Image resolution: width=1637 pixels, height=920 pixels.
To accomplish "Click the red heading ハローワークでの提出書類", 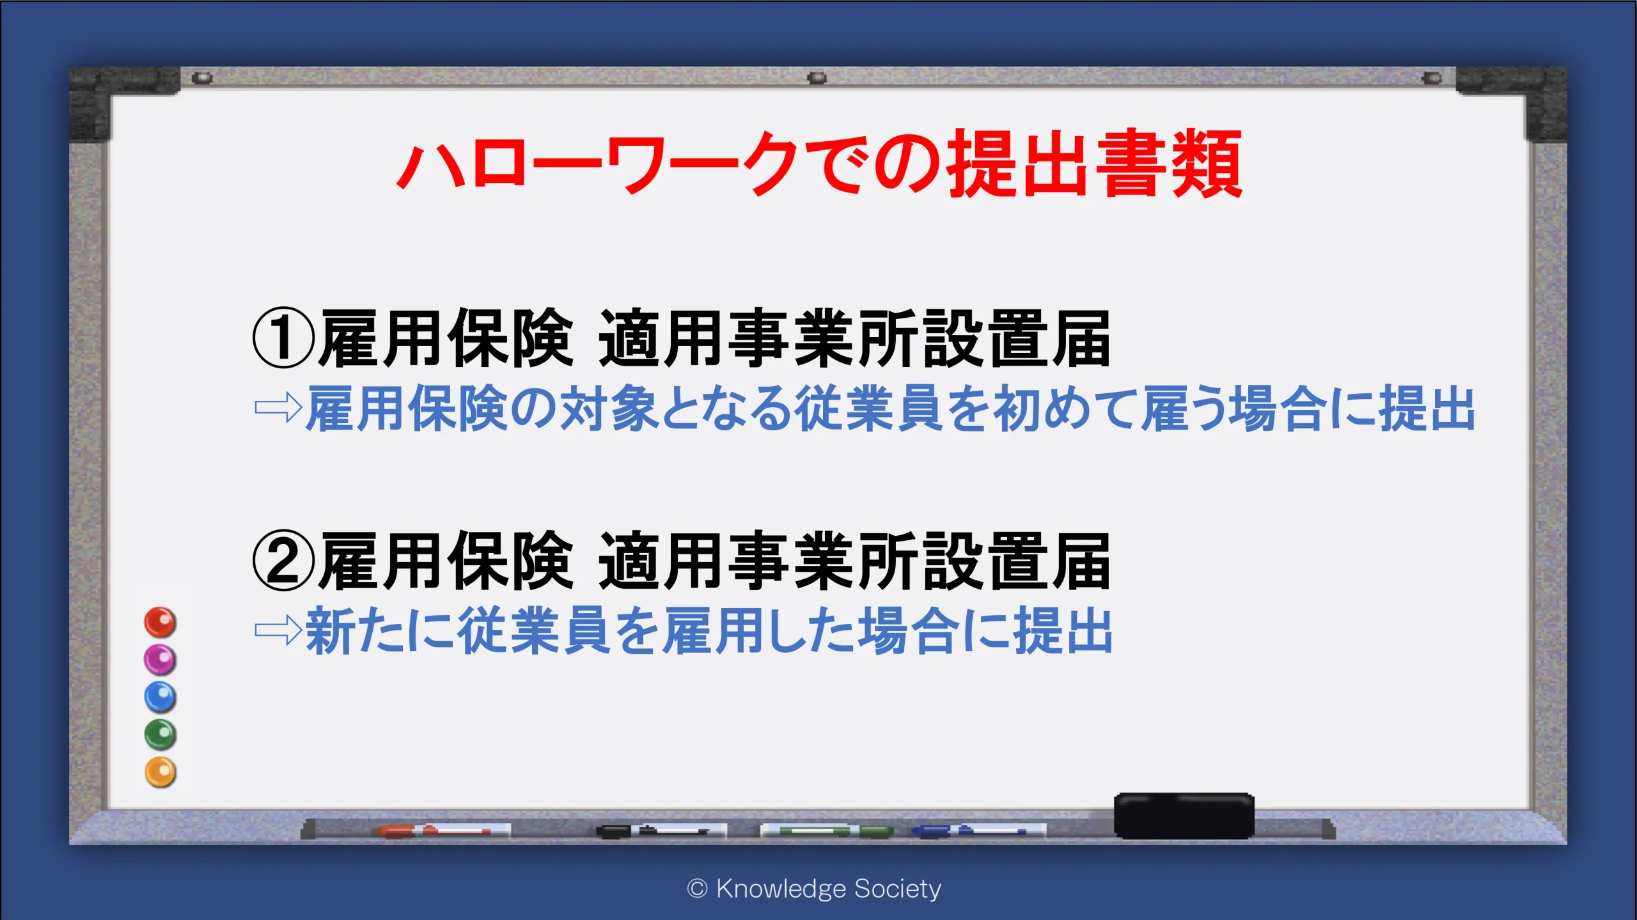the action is click(x=820, y=163).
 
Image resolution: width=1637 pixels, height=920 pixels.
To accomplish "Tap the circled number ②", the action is click(x=284, y=561).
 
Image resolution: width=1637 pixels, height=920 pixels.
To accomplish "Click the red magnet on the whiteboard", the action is click(x=160, y=622).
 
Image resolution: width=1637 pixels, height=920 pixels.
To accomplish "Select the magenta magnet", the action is click(x=160, y=659).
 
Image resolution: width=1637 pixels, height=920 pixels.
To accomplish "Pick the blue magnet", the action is click(x=160, y=697).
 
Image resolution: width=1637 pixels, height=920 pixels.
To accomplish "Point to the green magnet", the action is click(x=160, y=735).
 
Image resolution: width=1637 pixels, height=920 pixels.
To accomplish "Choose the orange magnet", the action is click(x=160, y=772).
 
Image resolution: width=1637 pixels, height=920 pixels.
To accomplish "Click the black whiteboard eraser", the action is click(x=1184, y=816).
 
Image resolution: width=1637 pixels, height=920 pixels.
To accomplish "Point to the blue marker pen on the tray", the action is click(x=978, y=830).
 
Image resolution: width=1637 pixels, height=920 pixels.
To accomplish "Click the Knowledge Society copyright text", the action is click(x=814, y=889).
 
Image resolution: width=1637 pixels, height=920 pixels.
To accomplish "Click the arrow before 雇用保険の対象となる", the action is click(x=278, y=407).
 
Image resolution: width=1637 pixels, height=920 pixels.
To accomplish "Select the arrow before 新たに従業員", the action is click(x=278, y=630).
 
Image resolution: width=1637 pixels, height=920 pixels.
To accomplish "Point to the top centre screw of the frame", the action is click(x=817, y=78).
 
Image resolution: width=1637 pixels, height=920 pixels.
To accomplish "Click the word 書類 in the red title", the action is click(x=1170, y=163).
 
